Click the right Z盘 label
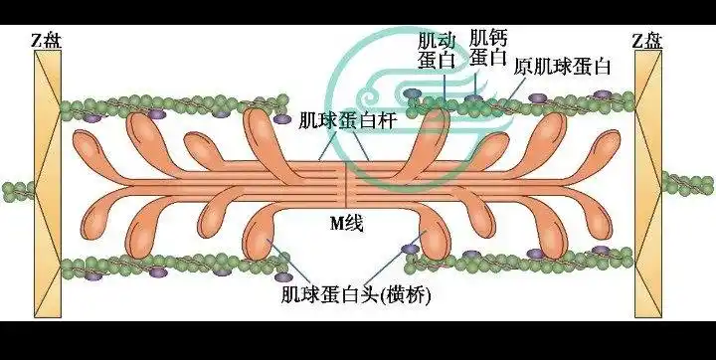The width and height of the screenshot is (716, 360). pos(649,41)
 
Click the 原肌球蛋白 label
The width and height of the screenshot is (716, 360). pos(562,68)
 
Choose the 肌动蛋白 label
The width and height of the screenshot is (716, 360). pos(436,49)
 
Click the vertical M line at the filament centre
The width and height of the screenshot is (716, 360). pos(346,184)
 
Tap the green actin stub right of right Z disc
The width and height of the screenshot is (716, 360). pos(688,182)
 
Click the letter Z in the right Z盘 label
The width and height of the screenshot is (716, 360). pos(638,41)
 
